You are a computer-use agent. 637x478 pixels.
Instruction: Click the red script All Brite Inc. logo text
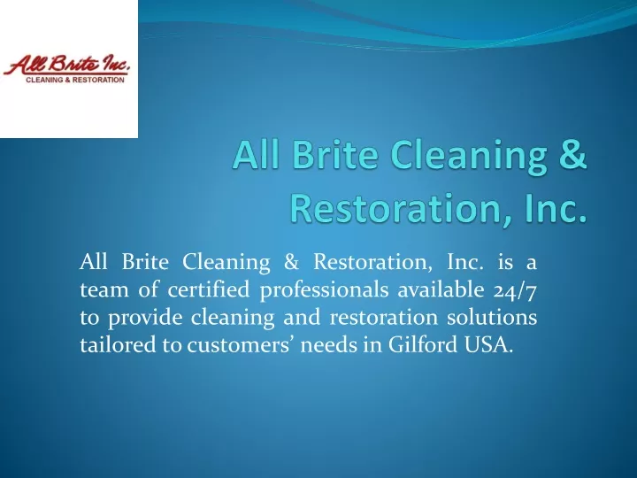coord(66,65)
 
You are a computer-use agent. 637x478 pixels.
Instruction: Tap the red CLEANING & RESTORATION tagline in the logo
coord(75,80)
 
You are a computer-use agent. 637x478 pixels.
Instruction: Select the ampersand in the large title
coord(572,154)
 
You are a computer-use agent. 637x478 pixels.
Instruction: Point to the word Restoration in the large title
coord(394,208)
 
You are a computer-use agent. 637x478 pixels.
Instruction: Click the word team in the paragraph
coord(104,289)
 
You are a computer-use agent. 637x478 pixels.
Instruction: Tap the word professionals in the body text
coord(324,291)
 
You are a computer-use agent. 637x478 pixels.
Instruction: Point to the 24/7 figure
coord(515,290)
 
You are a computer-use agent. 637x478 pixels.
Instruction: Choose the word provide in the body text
coord(145,318)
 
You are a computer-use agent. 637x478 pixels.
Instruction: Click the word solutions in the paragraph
coord(492,317)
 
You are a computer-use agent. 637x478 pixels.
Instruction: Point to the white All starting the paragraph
coord(94,261)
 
